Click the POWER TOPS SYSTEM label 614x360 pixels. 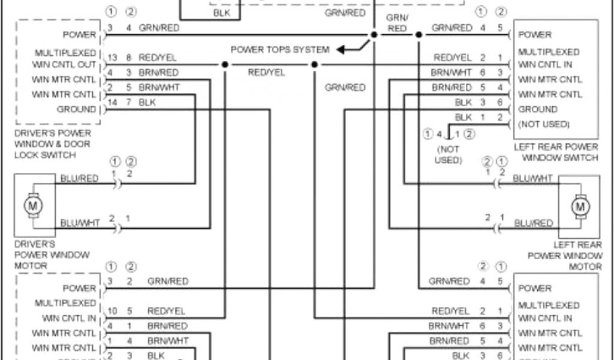tap(279, 50)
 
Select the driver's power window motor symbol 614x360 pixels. tap(31, 205)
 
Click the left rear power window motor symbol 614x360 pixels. tap(579, 206)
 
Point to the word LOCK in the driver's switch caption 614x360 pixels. tap(27, 155)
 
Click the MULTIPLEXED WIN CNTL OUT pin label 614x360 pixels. tap(65, 58)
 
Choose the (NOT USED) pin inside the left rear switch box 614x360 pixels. tap(544, 124)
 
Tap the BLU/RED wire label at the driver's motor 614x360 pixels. tap(79, 178)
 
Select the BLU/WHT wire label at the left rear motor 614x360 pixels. tap(533, 178)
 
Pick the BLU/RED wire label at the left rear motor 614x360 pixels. tap(533, 223)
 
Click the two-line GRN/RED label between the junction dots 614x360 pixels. tap(397, 23)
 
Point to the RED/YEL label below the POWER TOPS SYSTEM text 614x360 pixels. tap(267, 73)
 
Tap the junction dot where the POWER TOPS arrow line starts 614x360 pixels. tap(374, 35)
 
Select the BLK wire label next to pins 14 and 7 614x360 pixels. tap(147, 103)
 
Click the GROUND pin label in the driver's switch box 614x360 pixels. tap(76, 109)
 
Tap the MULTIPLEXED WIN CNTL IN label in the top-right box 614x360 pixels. tap(548, 58)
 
